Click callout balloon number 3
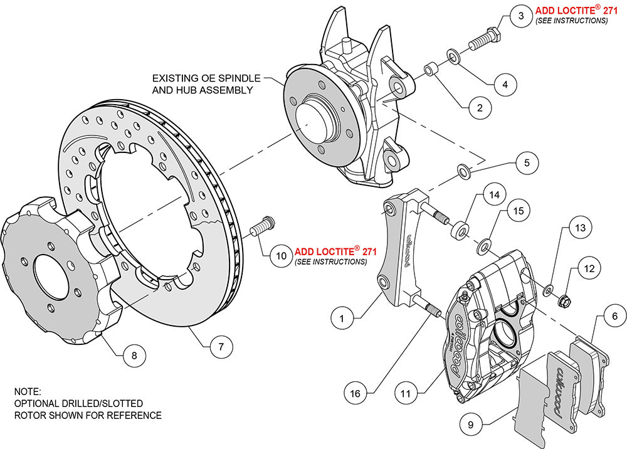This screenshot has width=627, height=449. [x=520, y=16]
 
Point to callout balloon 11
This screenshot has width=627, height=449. [x=406, y=394]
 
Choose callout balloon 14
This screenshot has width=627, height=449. [x=495, y=195]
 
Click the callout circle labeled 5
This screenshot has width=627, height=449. [x=527, y=162]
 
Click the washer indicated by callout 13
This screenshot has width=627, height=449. [x=548, y=289]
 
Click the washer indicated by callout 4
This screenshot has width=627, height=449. [x=453, y=58]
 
